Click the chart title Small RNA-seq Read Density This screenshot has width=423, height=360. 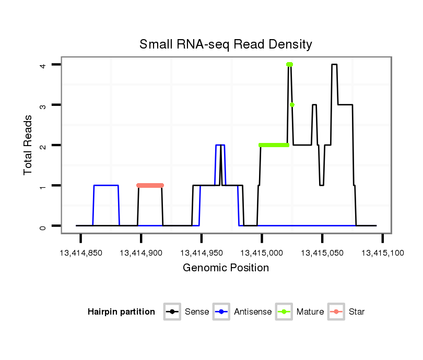(226, 44)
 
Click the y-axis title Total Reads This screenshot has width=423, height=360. (29, 145)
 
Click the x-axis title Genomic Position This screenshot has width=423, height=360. (226, 268)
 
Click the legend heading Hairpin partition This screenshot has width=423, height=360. (121, 312)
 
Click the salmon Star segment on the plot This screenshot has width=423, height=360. (150, 185)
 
